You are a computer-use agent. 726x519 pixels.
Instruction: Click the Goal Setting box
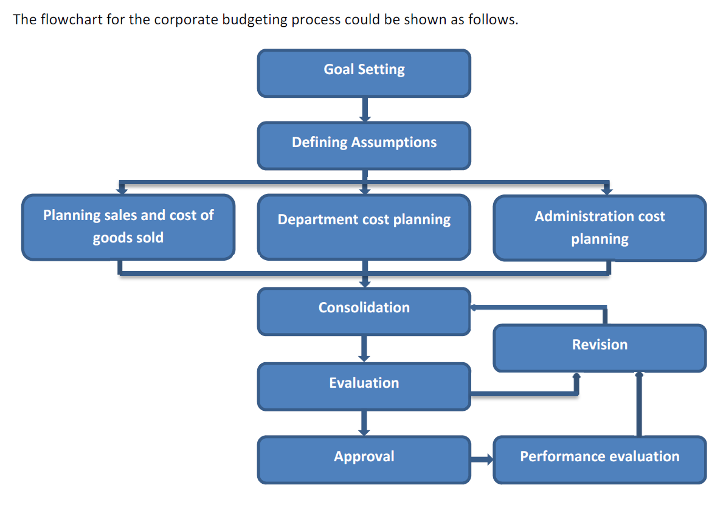[x=364, y=73]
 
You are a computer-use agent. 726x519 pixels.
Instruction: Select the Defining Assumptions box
[x=364, y=146]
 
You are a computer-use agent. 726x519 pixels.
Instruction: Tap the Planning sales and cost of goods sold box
[x=128, y=227]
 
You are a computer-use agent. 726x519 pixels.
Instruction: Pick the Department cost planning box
[x=364, y=227]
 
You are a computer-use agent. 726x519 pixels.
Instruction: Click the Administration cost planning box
[x=600, y=228]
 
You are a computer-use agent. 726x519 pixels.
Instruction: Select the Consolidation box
[x=364, y=311]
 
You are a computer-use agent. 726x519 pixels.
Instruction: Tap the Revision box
[x=600, y=348]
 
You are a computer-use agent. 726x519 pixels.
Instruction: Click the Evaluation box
[x=364, y=387]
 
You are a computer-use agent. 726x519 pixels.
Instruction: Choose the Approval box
[x=364, y=460]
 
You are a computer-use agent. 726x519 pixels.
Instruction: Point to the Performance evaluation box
[x=600, y=460]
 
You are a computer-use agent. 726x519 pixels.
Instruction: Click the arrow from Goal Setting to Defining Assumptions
[x=365, y=109]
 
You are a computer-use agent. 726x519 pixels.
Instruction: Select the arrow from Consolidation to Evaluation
[x=364, y=349]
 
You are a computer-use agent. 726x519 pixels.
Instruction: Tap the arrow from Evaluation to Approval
[x=364, y=423]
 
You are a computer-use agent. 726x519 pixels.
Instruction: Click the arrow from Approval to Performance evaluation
[x=482, y=459]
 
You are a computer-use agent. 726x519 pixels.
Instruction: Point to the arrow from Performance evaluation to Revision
[x=639, y=404]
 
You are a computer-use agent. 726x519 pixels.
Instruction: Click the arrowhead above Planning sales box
[x=122, y=189]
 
